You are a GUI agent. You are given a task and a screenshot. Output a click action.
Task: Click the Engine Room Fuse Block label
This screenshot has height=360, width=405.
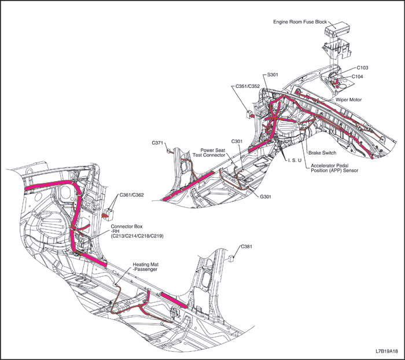tap(300, 22)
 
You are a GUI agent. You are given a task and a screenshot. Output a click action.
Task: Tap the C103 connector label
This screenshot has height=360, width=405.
tap(362, 68)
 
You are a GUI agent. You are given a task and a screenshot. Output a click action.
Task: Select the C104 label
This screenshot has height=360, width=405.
tap(357, 76)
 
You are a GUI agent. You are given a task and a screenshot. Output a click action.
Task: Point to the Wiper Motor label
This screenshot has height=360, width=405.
tap(349, 100)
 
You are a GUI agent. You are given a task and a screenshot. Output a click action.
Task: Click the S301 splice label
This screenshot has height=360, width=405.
tap(273, 75)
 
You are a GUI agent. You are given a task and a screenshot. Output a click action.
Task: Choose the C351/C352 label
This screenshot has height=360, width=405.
tap(248, 86)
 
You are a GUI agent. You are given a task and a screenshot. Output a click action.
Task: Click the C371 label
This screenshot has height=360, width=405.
tap(157, 142)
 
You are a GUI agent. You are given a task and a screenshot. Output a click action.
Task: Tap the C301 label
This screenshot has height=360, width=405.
tap(237, 141)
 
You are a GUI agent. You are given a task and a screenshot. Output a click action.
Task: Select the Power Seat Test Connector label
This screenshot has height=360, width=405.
tap(209, 152)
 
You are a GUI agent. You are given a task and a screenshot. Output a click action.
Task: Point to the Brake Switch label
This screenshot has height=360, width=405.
tap(322, 153)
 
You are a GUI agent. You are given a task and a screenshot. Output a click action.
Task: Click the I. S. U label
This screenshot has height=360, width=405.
tap(294, 160)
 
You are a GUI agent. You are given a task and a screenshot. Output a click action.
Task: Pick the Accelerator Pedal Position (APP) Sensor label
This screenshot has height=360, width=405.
tap(334, 168)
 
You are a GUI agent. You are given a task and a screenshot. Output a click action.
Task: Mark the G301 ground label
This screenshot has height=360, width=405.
tap(266, 197)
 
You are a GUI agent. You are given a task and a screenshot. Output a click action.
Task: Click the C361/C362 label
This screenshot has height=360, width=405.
tap(131, 195)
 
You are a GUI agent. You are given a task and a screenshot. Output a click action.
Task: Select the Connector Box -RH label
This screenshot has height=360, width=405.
tap(137, 231)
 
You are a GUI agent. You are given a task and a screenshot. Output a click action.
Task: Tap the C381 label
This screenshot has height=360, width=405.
tap(246, 247)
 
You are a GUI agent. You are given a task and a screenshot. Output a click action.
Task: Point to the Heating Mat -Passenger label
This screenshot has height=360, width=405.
tap(145, 267)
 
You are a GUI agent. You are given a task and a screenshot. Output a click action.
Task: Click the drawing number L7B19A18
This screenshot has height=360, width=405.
tap(386, 351)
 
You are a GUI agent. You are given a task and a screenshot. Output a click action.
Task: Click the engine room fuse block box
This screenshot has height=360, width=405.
tap(337, 29)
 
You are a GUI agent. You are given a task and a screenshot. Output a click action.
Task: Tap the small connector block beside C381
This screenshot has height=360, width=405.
tap(231, 259)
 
